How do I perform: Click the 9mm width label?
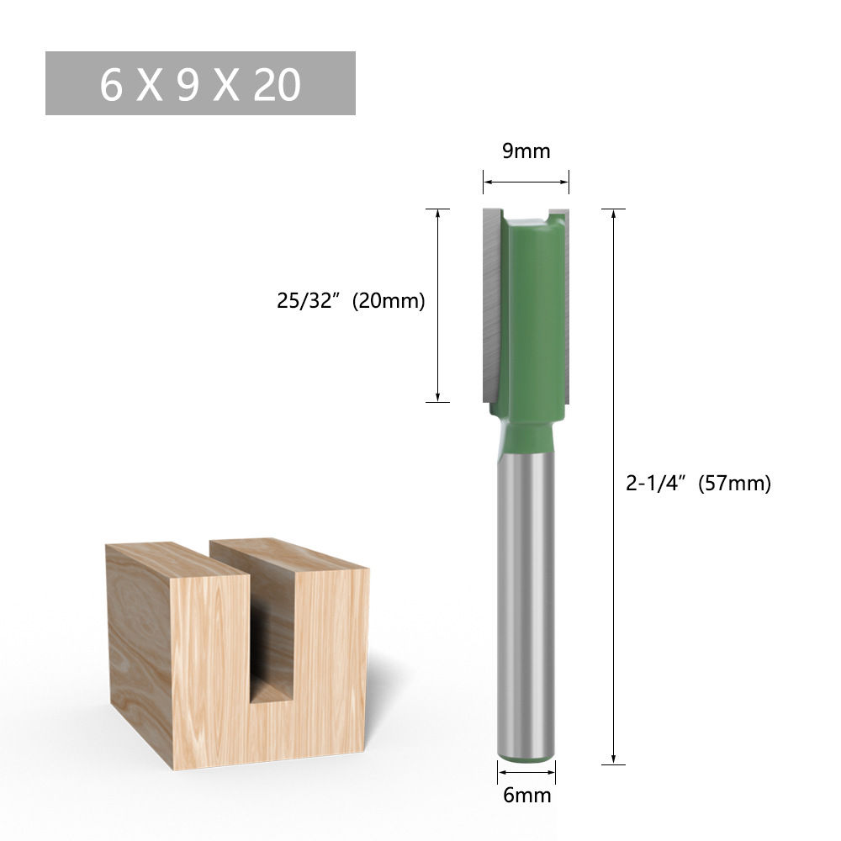pos(526,151)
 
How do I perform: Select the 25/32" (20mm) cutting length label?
pos(351,300)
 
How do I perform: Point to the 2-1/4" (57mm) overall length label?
pos(698,484)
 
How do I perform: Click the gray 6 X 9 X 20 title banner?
pos(200,83)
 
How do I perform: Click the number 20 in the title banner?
pos(277,84)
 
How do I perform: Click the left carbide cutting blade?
pos(492,303)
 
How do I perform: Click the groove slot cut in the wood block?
pos(271,639)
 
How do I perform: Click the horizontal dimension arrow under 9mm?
pos(526,182)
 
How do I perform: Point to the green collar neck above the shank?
pos(527,433)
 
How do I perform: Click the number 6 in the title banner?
pos(111,84)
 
